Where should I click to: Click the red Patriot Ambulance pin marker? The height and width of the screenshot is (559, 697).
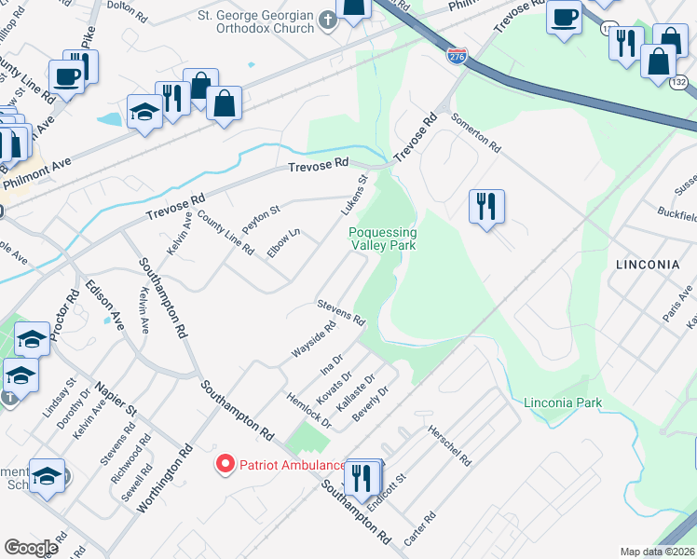pyautogui.click(x=225, y=464)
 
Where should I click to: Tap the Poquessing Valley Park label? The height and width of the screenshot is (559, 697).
pyautogui.click(x=382, y=239)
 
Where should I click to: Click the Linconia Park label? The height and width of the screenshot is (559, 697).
pyautogui.click(x=563, y=403)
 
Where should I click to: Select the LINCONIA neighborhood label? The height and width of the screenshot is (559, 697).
pyautogui.click(x=647, y=265)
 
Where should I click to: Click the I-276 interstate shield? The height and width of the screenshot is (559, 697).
pyautogui.click(x=457, y=58)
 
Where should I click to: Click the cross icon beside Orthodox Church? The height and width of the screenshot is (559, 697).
pyautogui.click(x=327, y=19)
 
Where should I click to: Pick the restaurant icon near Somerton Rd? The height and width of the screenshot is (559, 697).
pyautogui.click(x=485, y=206)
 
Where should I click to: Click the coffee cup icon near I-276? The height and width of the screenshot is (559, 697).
pyautogui.click(x=563, y=18)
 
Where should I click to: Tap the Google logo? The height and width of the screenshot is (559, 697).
pyautogui.click(x=31, y=547)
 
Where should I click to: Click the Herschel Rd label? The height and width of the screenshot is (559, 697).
pyautogui.click(x=450, y=446)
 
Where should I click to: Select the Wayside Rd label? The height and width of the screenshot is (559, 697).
pyautogui.click(x=314, y=341)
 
